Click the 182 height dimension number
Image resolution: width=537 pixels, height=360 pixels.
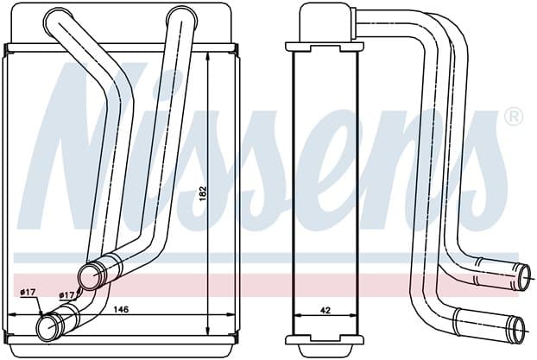pos(203,193)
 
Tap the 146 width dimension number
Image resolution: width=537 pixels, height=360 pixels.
pos(121,309)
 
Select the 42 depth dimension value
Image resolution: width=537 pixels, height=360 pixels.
pos(326,310)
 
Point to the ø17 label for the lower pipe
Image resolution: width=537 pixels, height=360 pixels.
pos(28,292)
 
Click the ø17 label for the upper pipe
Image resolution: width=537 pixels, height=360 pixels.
pos(66,294)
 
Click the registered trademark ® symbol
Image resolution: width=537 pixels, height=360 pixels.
pos(514,117)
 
